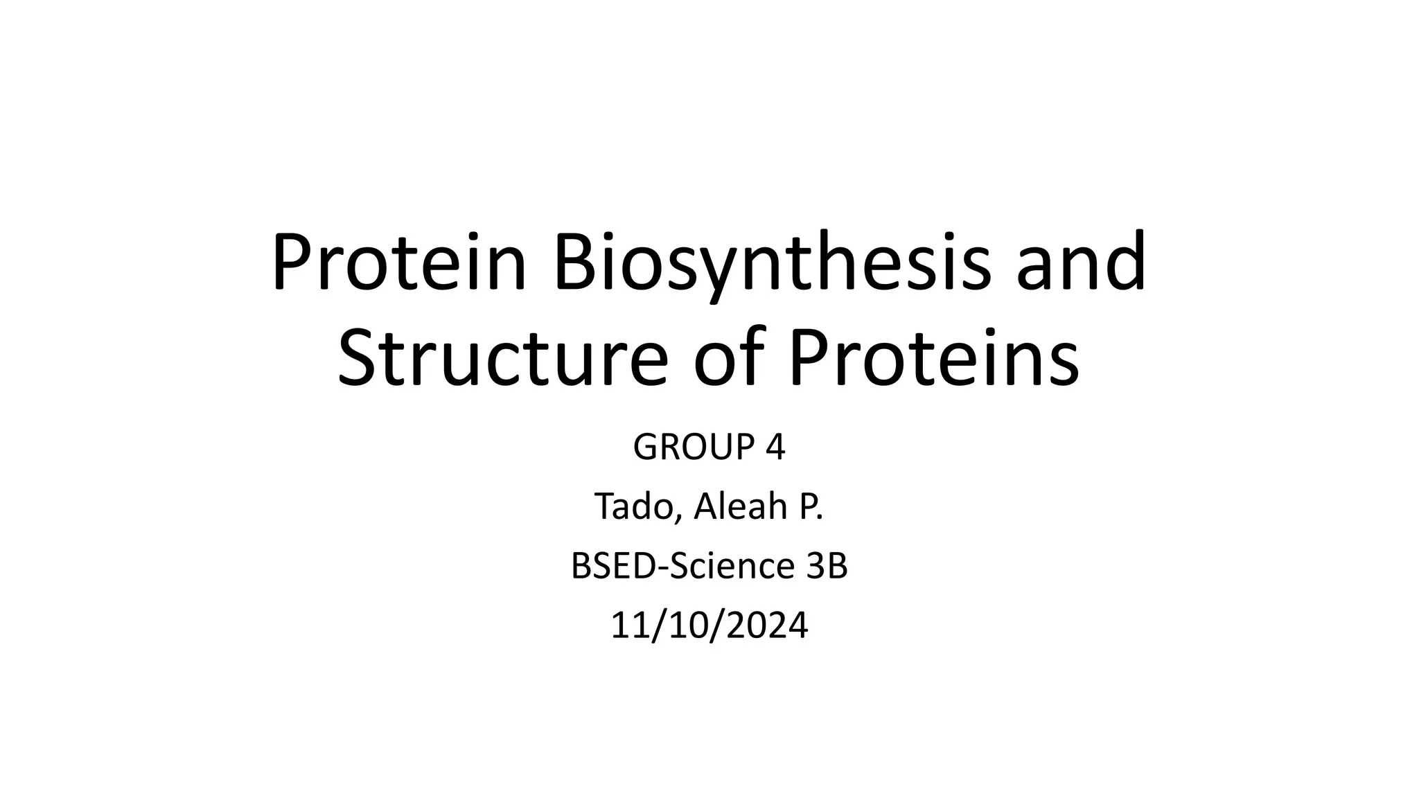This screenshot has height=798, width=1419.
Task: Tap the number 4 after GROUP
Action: pyautogui.click(x=775, y=447)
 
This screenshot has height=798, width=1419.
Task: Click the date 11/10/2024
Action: pyautogui.click(x=709, y=626)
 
